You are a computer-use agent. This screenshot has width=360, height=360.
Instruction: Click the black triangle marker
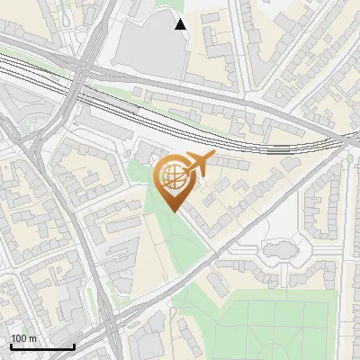point(181,24)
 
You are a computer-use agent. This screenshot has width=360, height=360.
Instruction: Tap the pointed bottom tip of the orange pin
point(172,211)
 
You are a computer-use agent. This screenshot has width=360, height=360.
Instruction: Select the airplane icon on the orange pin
point(197,164)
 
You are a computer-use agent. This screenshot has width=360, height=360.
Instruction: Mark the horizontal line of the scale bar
point(42,346)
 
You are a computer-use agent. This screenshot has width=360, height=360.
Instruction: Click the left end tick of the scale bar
point(11,345)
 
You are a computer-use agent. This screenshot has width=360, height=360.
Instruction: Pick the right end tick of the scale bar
point(74,345)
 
